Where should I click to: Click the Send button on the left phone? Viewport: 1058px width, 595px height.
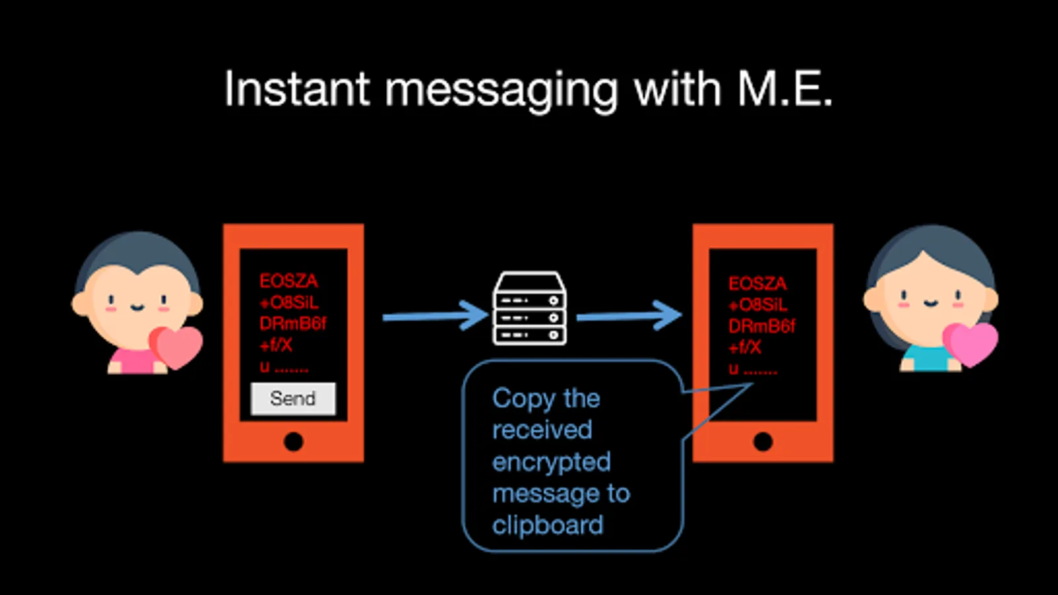(294, 399)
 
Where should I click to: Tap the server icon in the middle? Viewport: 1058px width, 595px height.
(530, 308)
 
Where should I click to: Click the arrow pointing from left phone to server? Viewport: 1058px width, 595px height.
(436, 316)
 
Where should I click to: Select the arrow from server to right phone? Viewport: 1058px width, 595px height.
(629, 315)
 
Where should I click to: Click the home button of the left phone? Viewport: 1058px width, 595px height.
(294, 442)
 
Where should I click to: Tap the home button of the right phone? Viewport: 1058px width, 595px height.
(763, 442)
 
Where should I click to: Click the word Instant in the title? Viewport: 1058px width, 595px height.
(297, 89)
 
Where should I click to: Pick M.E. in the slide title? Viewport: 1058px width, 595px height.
(784, 89)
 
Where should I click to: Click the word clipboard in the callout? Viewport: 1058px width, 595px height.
(548, 525)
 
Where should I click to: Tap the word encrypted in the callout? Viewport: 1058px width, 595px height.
(551, 462)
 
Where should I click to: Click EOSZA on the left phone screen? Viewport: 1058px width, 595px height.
(288, 281)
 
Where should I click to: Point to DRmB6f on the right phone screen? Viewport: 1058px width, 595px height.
(761, 326)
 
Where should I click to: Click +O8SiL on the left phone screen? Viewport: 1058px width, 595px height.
(288, 302)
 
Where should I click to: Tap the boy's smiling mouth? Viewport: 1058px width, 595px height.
(138, 308)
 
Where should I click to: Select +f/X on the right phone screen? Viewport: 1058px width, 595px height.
(745, 348)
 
